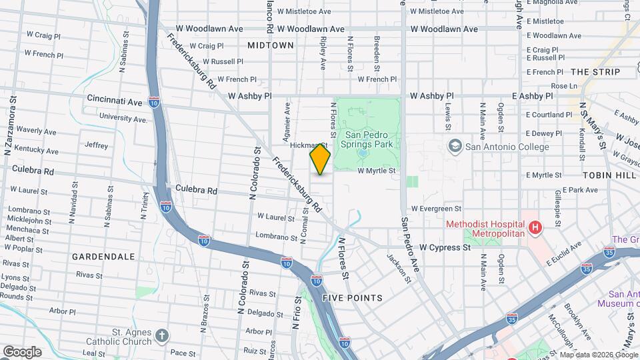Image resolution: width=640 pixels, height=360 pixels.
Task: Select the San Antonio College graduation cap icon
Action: (455, 147)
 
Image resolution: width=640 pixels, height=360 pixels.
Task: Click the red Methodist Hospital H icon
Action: (534, 229)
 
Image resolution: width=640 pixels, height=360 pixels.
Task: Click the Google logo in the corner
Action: (22, 351)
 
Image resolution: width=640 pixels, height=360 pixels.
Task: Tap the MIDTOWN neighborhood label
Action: (270, 45)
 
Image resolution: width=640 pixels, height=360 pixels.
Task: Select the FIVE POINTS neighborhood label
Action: (352, 298)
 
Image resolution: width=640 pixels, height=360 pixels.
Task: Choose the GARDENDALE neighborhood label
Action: (103, 256)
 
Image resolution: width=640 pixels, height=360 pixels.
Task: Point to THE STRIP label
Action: (595, 72)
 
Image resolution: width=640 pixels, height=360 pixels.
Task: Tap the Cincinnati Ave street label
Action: (115, 102)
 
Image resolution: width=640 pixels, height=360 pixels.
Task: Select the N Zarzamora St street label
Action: (11, 127)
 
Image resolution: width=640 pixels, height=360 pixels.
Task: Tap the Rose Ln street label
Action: (564, 86)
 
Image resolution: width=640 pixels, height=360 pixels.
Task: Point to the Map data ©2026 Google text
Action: (597, 354)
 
